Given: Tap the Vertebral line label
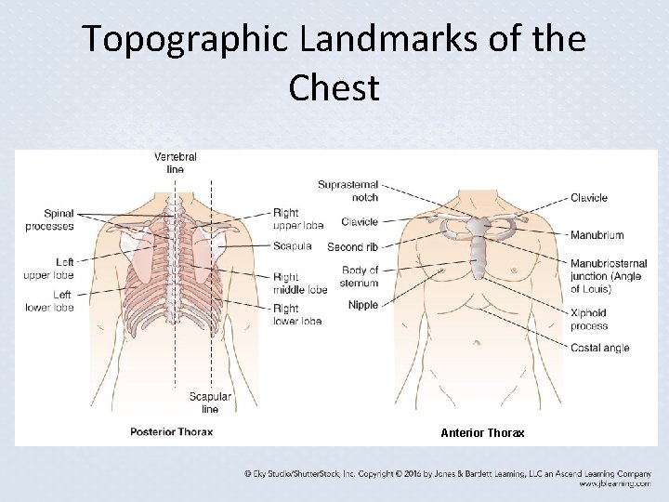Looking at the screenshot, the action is point(175,163).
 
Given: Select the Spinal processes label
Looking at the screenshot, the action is point(49,220).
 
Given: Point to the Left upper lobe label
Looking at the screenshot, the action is point(49,270).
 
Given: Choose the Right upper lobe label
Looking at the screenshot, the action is point(297,219).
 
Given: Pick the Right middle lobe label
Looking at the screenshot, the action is point(299,283).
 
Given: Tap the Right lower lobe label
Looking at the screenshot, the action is point(297,314).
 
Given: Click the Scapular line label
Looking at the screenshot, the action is point(210,403).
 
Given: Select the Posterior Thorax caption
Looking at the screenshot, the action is point(173,431).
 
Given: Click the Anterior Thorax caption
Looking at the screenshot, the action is point(482,433).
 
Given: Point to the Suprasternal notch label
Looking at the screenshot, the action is point(348,191).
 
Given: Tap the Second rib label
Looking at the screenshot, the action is point(352,247).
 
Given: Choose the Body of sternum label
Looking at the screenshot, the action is point(360,277).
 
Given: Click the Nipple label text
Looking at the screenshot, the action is point(363,305).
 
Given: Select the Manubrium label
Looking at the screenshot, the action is point(597,235).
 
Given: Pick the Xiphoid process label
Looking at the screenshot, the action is point(589,320).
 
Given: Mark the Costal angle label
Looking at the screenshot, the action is point(599,348).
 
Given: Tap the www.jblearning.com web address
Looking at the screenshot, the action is point(614,484).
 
